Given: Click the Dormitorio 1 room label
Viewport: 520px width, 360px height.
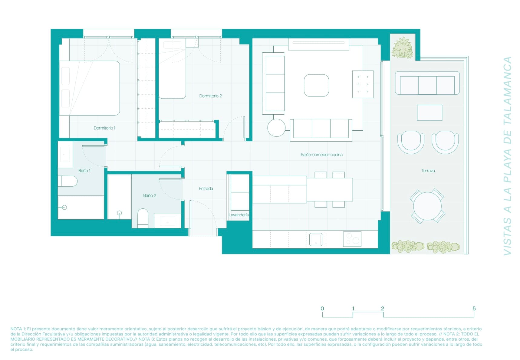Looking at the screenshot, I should click(104, 128).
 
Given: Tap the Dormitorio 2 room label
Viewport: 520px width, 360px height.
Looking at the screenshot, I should click(210, 96).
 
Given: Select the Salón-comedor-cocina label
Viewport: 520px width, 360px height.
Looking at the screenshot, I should click(321, 155).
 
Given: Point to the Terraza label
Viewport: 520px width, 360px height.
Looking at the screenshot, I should click(428, 171).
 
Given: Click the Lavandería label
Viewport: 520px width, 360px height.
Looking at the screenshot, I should click(239, 215).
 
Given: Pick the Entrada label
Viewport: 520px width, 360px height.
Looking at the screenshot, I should click(206, 188).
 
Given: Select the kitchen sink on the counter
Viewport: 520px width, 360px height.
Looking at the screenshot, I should click(316, 239).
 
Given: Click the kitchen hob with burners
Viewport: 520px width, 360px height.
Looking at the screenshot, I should click(352, 239).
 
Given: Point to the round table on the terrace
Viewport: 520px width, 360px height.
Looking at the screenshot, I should click(427, 206).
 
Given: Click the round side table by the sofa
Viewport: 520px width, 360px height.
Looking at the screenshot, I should click(276, 128).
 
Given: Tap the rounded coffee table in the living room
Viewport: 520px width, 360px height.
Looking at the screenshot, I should click(316, 85).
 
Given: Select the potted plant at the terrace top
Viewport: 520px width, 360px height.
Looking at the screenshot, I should click(402, 48).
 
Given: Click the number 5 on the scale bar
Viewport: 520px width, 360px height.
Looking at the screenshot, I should click(474, 309).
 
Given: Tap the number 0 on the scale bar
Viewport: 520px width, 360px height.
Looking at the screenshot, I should click(322, 309).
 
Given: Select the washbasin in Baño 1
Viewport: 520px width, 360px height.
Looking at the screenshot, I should click(65, 154).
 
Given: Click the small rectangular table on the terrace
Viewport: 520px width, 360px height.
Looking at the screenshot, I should click(429, 113).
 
